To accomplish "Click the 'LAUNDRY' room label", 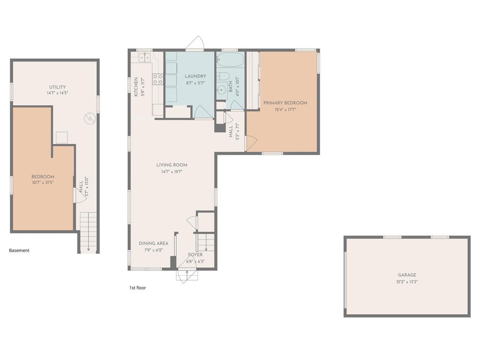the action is coord(195,76).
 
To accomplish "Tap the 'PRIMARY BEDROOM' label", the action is coord(285,103).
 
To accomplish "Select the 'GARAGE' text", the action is coord(407,275).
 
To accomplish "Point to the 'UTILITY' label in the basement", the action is coord(58,87).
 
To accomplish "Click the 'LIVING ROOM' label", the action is coord(172,165).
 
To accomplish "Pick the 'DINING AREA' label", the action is coord(153,243).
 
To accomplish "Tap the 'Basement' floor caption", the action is coord(19,250).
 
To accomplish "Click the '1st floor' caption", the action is coord(137,288).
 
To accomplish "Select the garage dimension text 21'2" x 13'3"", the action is coord(407,282).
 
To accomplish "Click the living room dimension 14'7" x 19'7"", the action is coord(172,172).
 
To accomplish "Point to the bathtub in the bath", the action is coord(230,60).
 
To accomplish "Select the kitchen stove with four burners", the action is coord(158,79).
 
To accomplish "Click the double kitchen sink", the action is coord(144,57).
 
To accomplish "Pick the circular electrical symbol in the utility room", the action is coord(90,118).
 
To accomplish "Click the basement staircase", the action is coord(89,232).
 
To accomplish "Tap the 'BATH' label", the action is coord(231,87).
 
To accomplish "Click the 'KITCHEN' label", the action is coord(136,87).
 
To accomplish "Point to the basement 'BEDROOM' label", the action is coord(43,177).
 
